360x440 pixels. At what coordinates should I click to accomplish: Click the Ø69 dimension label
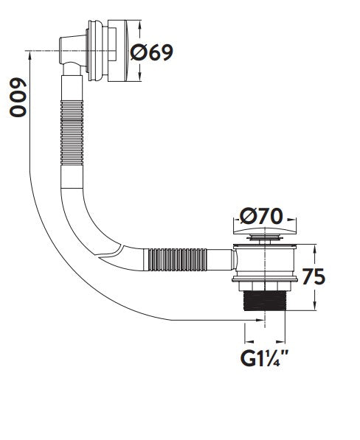click(152, 52)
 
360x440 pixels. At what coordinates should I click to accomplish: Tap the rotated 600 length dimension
click(18, 97)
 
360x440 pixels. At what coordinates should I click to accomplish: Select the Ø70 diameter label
click(261, 217)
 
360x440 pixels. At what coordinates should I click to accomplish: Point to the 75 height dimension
click(314, 276)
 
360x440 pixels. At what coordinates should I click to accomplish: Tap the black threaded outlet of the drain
click(264, 301)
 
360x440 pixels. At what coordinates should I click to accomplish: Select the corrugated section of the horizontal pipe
click(178, 259)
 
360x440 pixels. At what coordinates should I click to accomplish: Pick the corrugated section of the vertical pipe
click(72, 133)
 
